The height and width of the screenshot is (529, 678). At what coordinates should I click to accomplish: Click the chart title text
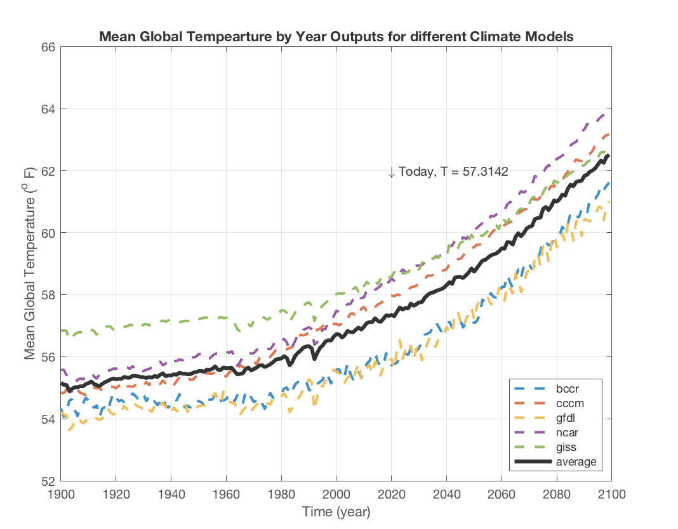point(336,37)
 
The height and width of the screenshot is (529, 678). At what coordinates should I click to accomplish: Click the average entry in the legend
point(576,461)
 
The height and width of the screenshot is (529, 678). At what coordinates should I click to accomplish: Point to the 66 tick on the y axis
point(47,47)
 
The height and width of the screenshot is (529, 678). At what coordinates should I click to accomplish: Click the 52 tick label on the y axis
point(47,481)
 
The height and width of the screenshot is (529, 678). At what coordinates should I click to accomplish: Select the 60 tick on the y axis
point(47,233)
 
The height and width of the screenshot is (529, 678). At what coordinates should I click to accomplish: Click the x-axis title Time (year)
point(336,511)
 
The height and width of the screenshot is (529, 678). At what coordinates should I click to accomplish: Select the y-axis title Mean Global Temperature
point(31,263)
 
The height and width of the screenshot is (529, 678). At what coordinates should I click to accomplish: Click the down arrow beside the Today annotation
point(391,172)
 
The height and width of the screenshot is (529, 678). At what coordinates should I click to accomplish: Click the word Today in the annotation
point(415,171)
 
